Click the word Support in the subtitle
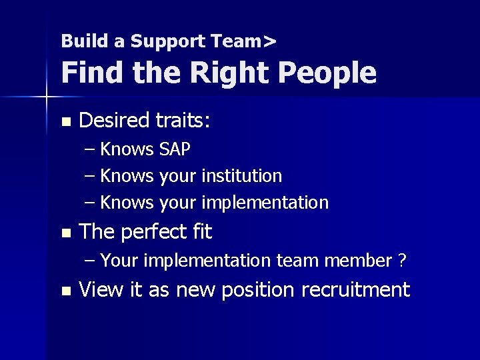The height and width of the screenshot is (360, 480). point(168,41)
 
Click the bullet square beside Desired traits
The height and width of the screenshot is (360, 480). point(65,122)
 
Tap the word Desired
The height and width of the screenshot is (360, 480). point(114,121)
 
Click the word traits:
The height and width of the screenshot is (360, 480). point(183,121)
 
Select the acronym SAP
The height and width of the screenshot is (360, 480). point(175,149)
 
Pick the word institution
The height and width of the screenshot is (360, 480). point(241,176)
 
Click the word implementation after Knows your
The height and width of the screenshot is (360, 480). point(265,203)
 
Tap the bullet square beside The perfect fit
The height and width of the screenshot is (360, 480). point(65,233)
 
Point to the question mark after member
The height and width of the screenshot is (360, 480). point(402,261)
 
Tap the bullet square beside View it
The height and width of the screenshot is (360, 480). point(65,291)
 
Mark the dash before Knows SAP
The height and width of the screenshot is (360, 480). point(91,149)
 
